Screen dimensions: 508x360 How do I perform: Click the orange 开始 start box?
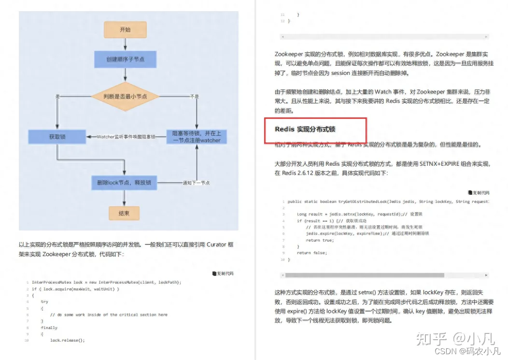click(x=125, y=30)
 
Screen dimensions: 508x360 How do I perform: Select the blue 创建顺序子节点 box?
click(x=125, y=60)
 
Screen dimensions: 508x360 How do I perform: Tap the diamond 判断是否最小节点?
click(x=125, y=96)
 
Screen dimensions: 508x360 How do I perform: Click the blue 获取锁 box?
click(x=57, y=137)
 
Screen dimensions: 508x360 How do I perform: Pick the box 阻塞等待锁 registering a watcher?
click(x=197, y=137)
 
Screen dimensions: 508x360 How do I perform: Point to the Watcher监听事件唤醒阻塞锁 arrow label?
click(x=127, y=137)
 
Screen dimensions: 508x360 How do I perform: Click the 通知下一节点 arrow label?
click(x=196, y=183)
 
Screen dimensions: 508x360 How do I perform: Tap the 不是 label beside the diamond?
click(x=194, y=97)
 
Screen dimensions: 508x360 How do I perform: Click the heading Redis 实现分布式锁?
click(x=305, y=129)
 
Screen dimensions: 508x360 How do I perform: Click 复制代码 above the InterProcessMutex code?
click(x=223, y=274)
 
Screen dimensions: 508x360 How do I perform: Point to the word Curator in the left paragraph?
click(x=216, y=245)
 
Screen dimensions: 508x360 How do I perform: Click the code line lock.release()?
click(x=67, y=340)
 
